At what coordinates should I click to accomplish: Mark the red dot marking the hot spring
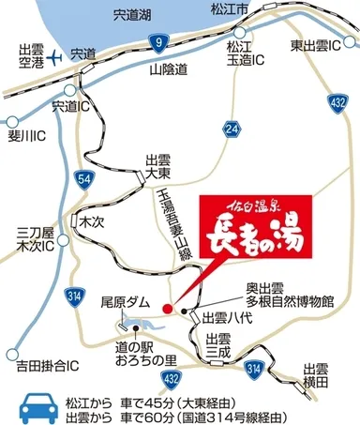point(167,307)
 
